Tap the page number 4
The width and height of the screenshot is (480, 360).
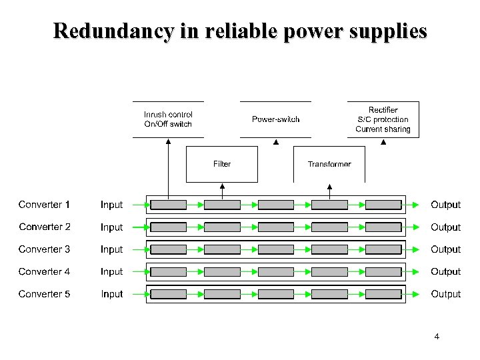click(x=437, y=337)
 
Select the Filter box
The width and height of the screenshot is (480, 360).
click(x=222, y=164)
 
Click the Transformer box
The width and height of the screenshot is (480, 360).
click(x=329, y=164)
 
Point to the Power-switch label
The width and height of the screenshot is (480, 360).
click(x=275, y=119)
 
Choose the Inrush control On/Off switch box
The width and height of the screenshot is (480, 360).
click(x=168, y=119)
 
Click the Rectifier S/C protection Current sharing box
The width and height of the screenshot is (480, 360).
click(x=383, y=119)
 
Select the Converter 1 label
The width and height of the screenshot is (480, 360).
click(x=44, y=205)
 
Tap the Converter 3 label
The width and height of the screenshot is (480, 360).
click(x=44, y=249)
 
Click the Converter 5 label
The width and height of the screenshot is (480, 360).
click(x=44, y=294)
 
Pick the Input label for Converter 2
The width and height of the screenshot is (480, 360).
click(x=112, y=227)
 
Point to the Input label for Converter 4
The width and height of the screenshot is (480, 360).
click(x=112, y=272)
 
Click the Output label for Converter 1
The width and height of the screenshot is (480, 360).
click(x=445, y=205)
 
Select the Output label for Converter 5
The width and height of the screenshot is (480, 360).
click(x=445, y=294)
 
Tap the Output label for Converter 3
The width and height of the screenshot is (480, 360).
click(x=445, y=249)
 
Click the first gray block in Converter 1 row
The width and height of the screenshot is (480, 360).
click(x=168, y=205)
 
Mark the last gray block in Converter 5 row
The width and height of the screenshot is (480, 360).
click(x=383, y=294)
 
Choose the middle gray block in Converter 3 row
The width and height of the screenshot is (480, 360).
click(x=275, y=249)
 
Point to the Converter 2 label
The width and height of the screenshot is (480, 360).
click(x=44, y=227)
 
